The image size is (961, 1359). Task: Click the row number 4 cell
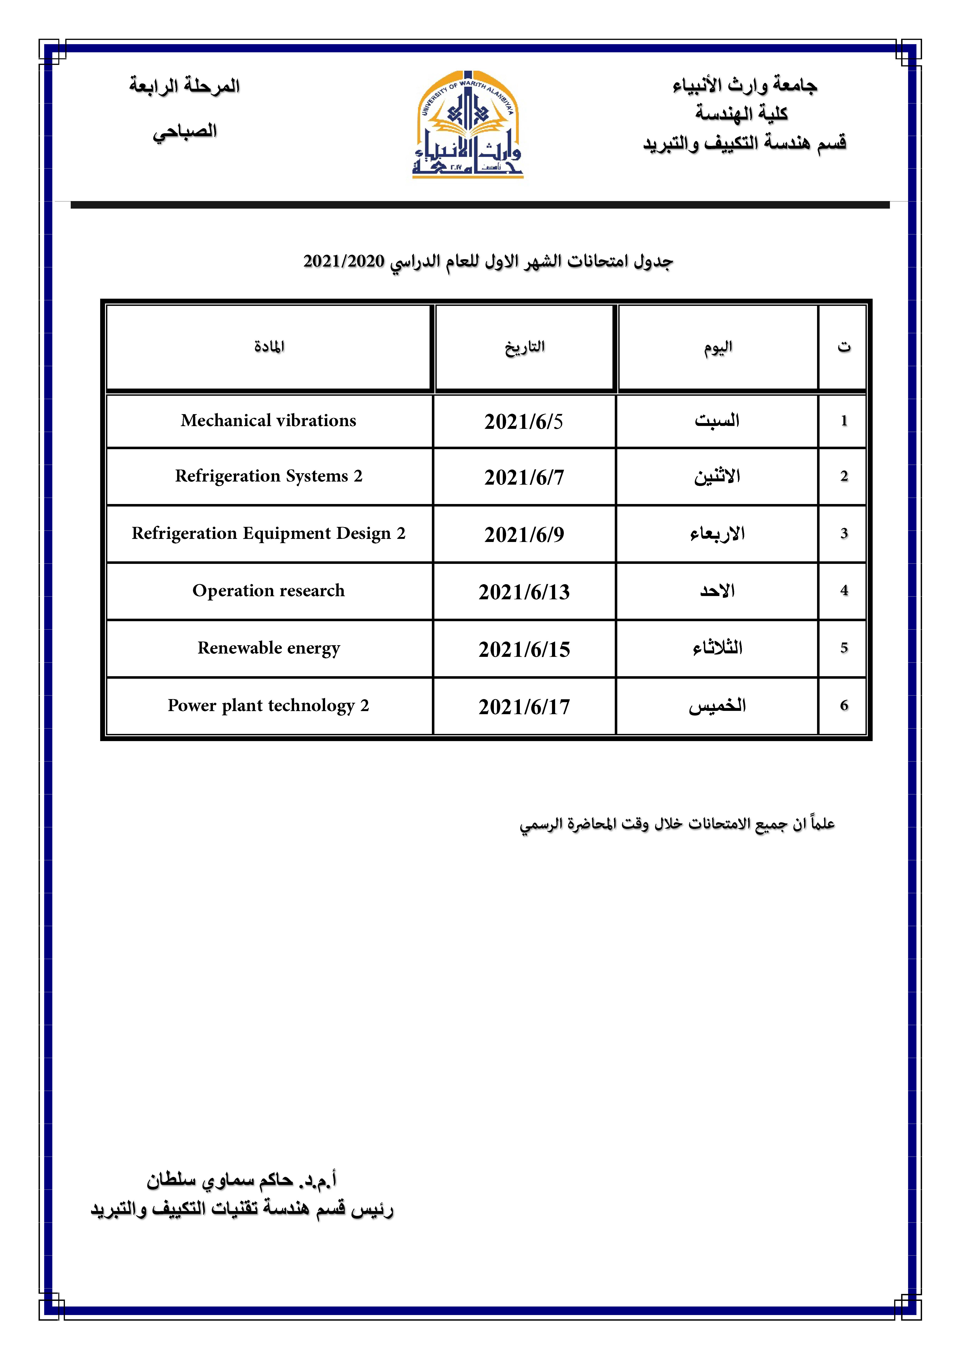tap(844, 591)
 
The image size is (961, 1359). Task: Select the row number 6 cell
tap(844, 705)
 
